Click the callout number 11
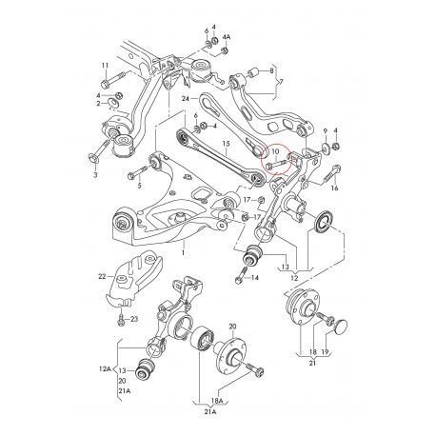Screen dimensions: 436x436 click(x=105, y=65)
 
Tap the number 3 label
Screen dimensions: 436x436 click(x=94, y=176)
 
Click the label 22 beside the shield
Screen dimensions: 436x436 click(x=102, y=277)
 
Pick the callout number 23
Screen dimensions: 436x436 click(x=134, y=319)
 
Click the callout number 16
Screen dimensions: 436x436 click(x=333, y=189)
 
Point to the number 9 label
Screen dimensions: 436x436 click(x=325, y=129)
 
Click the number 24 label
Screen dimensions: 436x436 click(x=188, y=98)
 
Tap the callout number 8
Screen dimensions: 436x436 click(x=272, y=70)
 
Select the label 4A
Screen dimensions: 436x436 click(x=226, y=38)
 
